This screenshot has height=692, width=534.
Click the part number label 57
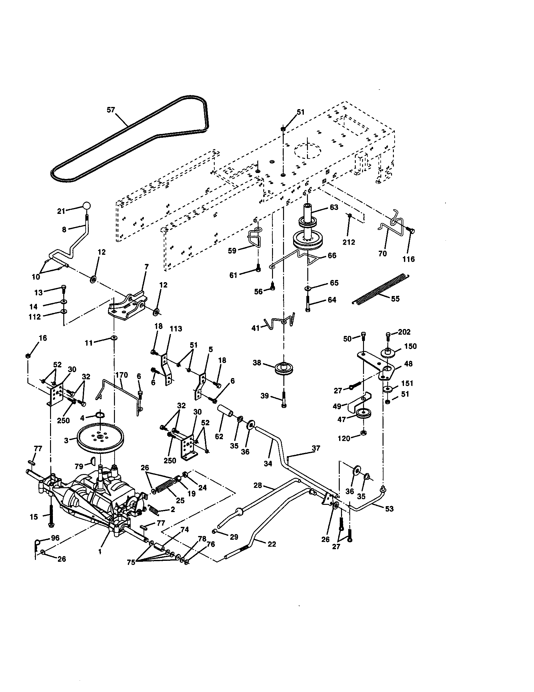pyautogui.click(x=111, y=110)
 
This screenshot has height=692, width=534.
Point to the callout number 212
pyautogui.click(x=349, y=242)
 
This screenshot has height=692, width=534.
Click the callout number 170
pyautogui.click(x=122, y=375)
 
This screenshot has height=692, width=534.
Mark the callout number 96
pyautogui.click(x=55, y=538)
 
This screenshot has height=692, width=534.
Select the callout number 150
pyautogui.click(x=410, y=346)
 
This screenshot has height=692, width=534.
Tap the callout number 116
pyautogui.click(x=408, y=259)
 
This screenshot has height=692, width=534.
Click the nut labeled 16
pyautogui.click(x=28, y=356)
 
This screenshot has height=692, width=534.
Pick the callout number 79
pyautogui.click(x=79, y=466)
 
